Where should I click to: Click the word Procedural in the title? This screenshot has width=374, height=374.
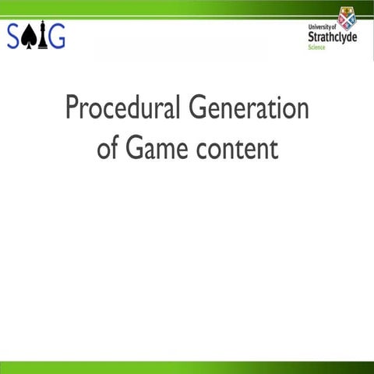[x=123, y=108]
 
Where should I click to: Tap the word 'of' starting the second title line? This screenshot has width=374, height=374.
[x=108, y=148]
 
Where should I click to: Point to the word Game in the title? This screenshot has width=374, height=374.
[x=157, y=148]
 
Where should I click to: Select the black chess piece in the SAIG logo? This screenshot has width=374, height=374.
[x=42, y=36]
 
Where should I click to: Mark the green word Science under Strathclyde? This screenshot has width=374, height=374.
[x=317, y=47]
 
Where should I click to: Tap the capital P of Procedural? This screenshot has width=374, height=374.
[x=72, y=108]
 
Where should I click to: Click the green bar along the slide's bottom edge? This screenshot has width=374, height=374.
[x=187, y=367]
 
